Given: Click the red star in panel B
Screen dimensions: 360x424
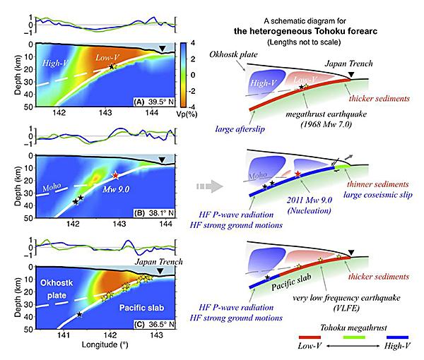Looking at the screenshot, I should (115, 175).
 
